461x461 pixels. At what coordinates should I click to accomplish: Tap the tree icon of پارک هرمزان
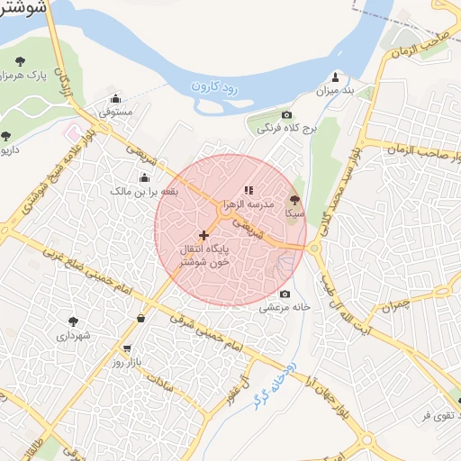[19, 62]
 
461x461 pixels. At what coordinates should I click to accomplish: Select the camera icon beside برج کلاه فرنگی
[287, 115]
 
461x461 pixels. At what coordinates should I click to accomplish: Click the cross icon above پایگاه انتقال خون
[203, 235]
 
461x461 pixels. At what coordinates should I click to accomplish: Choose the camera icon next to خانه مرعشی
[285, 294]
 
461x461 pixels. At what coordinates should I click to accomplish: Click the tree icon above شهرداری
[73, 320]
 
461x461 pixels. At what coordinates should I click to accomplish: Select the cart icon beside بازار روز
[126, 348]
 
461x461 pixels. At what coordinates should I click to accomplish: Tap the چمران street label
[394, 305]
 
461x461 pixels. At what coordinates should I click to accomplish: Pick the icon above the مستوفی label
[115, 99]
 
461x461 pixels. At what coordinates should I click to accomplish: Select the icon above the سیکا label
[294, 201]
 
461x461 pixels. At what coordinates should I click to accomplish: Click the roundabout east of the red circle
[314, 247]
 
